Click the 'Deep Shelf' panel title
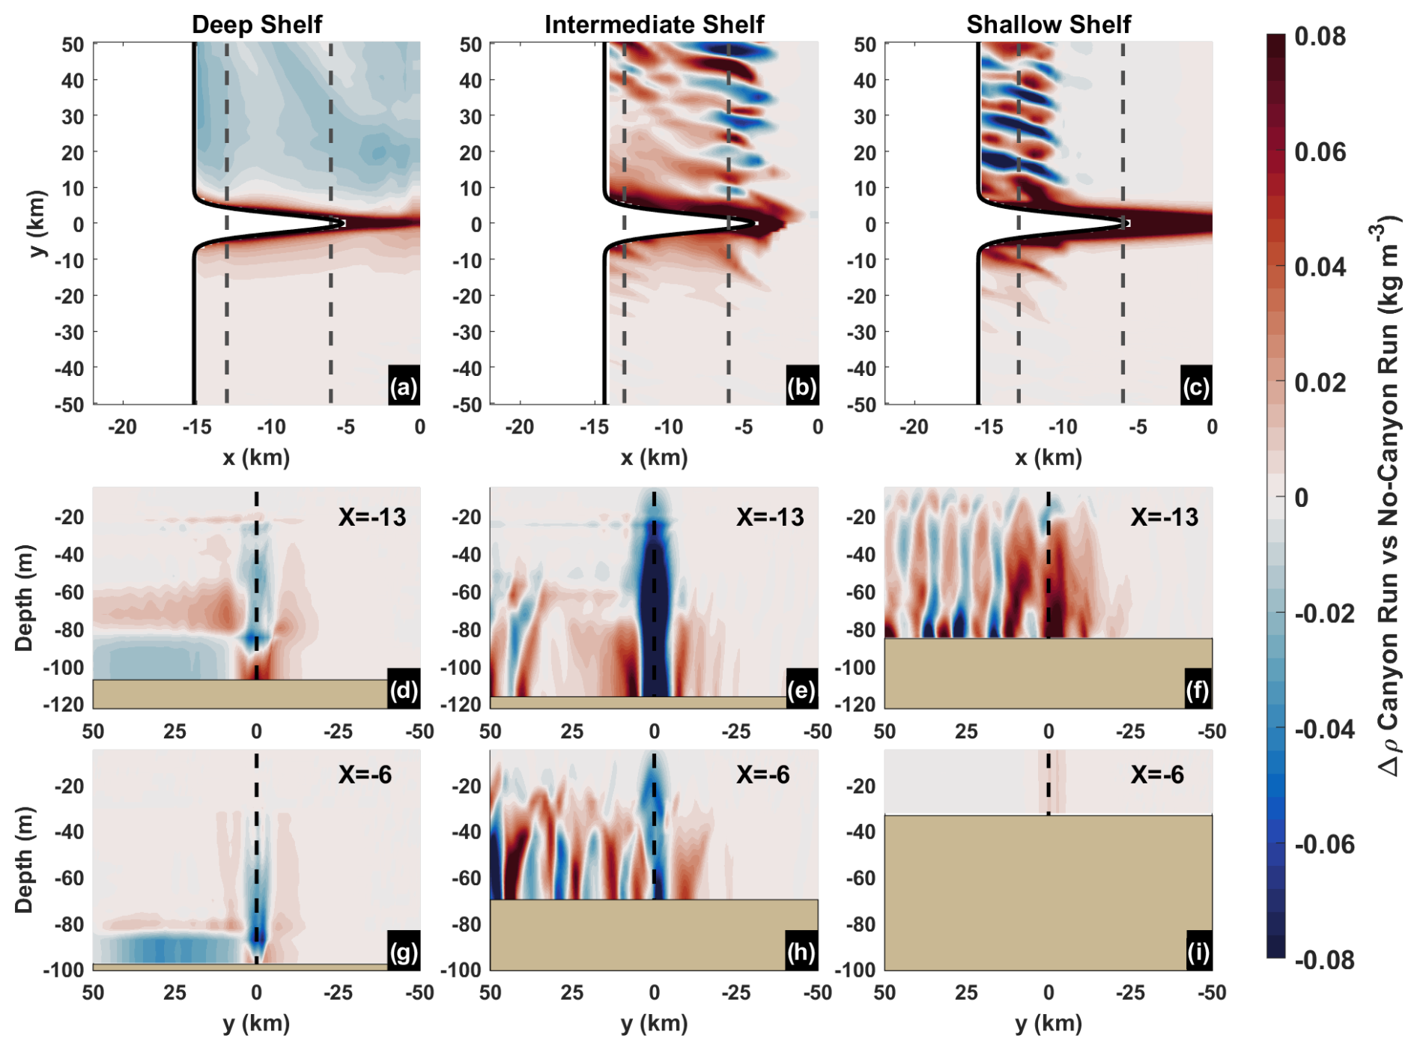256,24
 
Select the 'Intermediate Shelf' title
654,24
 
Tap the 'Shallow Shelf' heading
1048,24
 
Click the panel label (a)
404,386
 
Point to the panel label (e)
801,689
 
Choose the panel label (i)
1198,952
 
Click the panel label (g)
404,952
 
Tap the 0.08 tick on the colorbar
1320,36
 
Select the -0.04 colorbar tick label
1324,729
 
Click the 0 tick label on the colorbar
1302,497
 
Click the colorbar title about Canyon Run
1389,494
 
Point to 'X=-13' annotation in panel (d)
371,517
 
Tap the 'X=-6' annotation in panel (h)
762,774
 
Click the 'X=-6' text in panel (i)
1157,774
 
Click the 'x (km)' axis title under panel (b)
654,457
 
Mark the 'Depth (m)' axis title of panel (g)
24,860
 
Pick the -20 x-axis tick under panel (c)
913,427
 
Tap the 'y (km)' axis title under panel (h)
654,1023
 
